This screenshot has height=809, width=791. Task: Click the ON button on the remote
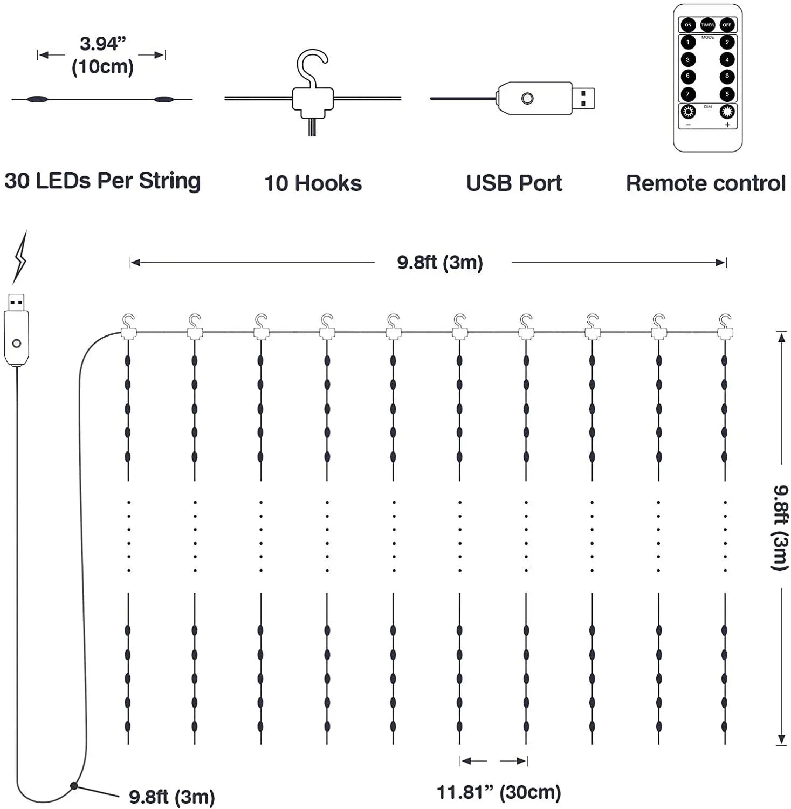(x=688, y=25)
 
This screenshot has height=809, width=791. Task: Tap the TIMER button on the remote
(x=707, y=25)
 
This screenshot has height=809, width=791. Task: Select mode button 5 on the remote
(x=688, y=76)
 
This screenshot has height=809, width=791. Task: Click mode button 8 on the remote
(x=727, y=94)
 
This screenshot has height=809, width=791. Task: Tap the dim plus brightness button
(x=727, y=112)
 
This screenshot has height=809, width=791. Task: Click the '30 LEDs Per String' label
(x=102, y=181)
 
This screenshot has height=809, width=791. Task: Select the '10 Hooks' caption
(x=313, y=183)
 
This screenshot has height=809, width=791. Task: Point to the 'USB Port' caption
(x=514, y=183)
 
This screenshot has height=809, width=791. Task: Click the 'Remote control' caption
(x=705, y=183)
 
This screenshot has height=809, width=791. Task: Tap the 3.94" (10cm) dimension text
(x=102, y=55)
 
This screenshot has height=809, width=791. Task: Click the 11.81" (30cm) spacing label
(x=499, y=792)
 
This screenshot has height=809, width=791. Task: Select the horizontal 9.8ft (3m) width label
(x=440, y=263)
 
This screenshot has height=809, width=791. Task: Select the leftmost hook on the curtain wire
(x=128, y=326)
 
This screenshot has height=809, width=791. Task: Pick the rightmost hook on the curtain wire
(x=725, y=326)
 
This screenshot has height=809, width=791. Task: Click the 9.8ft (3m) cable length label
(x=171, y=797)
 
